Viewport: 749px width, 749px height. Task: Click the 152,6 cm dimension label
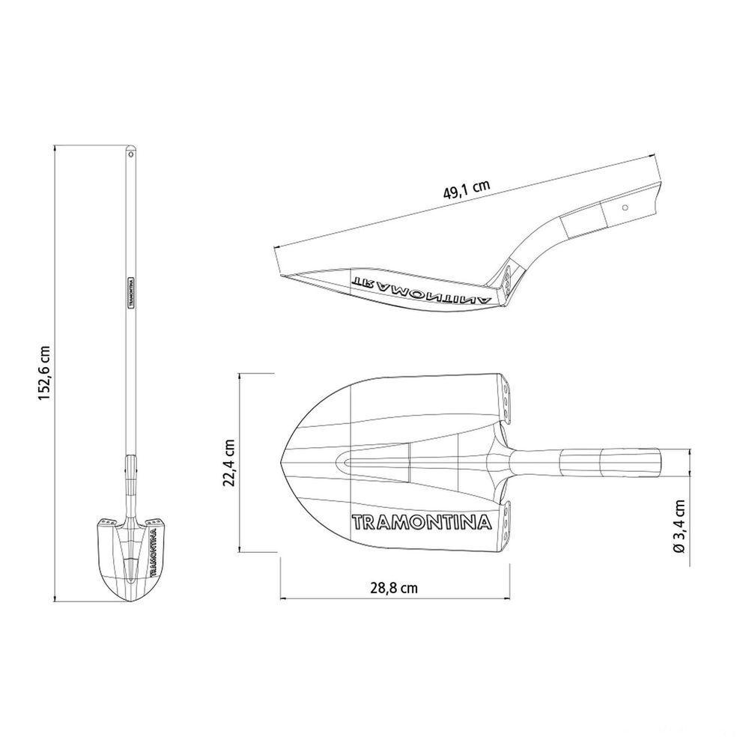point(44,373)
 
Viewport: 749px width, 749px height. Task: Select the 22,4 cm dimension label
point(228,462)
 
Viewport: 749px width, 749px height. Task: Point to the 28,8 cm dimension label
point(394,587)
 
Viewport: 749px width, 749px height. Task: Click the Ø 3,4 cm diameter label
point(679,526)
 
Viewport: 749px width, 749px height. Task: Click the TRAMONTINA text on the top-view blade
point(422,521)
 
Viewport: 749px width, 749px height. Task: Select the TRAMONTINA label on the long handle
point(130,292)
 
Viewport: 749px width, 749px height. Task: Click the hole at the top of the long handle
point(130,154)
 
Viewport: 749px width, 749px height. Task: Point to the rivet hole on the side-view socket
point(625,207)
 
